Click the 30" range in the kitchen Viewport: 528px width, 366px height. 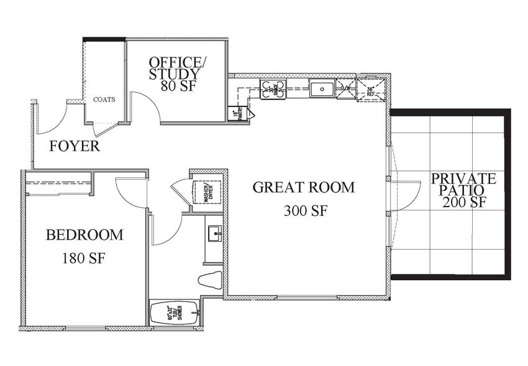click(x=273, y=90)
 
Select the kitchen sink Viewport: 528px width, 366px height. click(x=322, y=89)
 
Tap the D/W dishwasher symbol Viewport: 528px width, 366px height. click(x=345, y=88)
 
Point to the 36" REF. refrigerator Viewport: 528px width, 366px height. click(x=371, y=89)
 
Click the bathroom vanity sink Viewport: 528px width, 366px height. click(x=214, y=234)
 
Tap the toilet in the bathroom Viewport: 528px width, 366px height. click(x=210, y=279)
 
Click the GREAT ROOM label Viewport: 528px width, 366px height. click(x=303, y=187)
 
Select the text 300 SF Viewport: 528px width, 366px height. click(x=305, y=211)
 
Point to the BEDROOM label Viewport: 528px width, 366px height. click(x=84, y=235)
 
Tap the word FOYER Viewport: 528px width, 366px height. click(x=75, y=147)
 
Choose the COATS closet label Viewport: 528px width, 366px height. click(x=104, y=100)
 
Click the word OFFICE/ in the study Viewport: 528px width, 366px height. click(x=176, y=62)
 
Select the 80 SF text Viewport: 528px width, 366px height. click(x=178, y=86)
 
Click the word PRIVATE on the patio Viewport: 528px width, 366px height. click(x=463, y=179)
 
